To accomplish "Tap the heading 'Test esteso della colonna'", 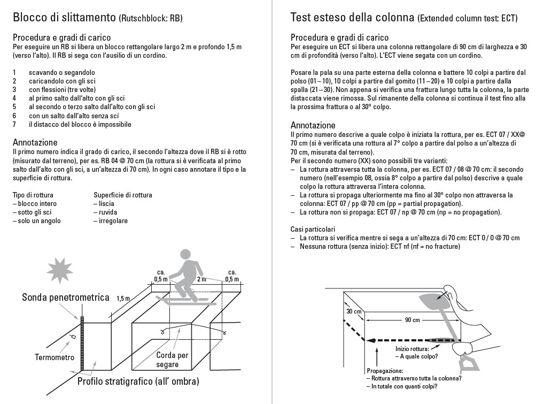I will coord(352,17).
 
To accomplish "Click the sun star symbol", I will coord(60,270).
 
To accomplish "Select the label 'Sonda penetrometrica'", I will coord(65,297).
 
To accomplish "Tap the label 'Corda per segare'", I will coord(172,359).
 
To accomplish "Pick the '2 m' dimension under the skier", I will coord(201,279).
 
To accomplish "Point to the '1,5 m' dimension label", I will coord(123,298).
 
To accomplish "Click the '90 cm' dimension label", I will coord(411,319).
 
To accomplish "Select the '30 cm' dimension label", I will coord(354,311).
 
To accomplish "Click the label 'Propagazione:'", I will coord(385,370).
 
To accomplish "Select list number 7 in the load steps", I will coord(14,125).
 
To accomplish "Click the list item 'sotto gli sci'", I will coord(36,212).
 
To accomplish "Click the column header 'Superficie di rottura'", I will coord(123,195).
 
